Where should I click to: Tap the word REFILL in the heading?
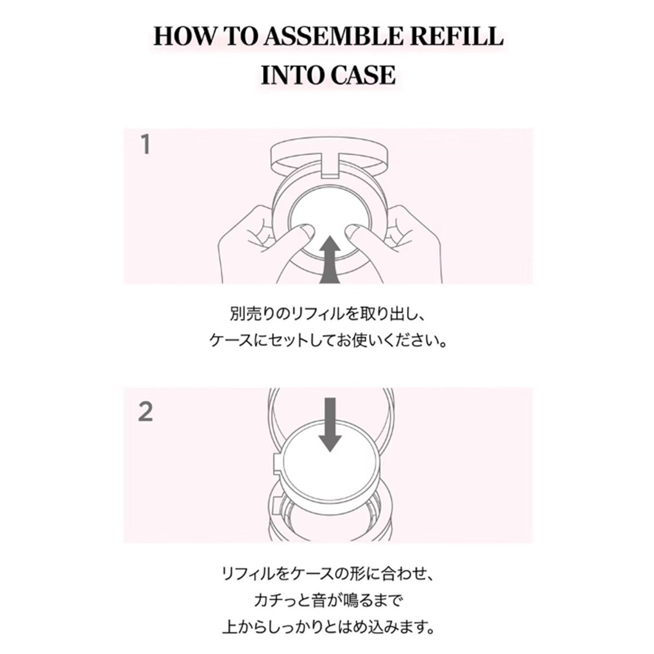pyautogui.click(x=457, y=37)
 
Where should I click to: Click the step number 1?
pyautogui.click(x=146, y=144)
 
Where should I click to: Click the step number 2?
pyautogui.click(x=146, y=412)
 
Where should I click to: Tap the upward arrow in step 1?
pyautogui.click(x=330, y=259)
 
